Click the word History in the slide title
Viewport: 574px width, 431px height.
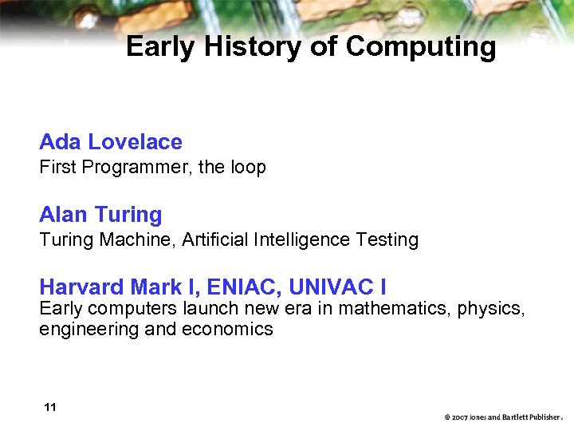click(x=254, y=47)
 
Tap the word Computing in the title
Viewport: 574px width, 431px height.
click(x=420, y=48)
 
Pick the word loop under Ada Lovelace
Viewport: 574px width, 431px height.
click(x=247, y=168)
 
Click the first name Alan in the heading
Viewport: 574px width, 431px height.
click(x=64, y=215)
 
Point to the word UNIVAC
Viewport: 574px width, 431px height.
click(x=333, y=287)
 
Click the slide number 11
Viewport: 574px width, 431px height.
click(x=50, y=408)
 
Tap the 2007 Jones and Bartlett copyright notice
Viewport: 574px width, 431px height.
click(x=503, y=417)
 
